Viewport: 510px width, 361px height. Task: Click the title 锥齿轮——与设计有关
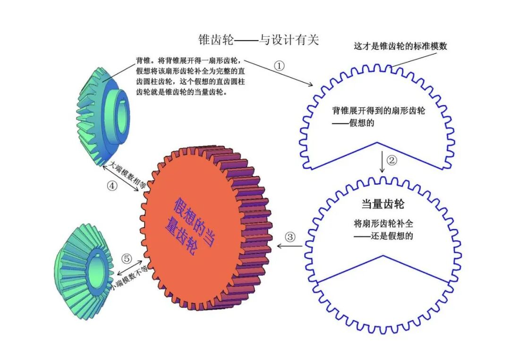pos(259,40)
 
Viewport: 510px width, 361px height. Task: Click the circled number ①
pos(280,66)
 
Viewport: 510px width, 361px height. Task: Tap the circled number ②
pos(392,160)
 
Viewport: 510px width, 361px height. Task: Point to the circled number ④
pos(112,186)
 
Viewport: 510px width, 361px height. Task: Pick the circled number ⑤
pos(126,258)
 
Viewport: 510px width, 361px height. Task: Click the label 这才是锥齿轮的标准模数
pos(400,46)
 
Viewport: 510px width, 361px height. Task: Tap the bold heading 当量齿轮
pos(382,204)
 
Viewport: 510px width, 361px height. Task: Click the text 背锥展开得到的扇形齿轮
pos(379,111)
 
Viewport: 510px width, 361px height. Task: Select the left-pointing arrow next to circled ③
pos(289,246)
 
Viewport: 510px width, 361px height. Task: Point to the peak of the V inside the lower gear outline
pos(383,256)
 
